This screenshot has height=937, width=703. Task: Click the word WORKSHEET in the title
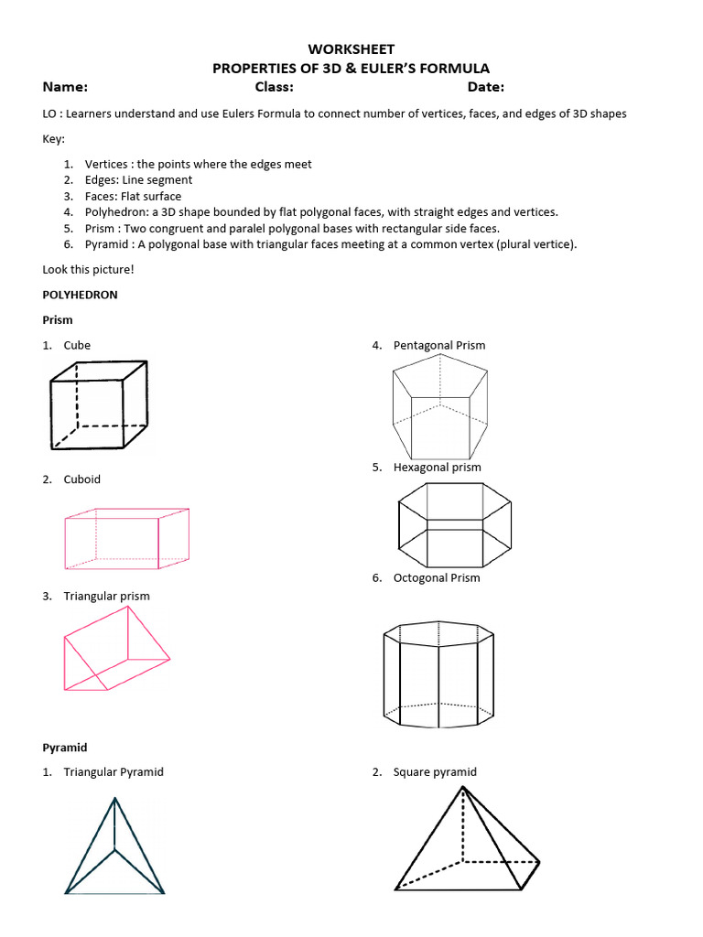(x=351, y=48)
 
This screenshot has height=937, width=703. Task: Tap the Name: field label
(x=65, y=87)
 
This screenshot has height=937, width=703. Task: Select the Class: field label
(x=274, y=87)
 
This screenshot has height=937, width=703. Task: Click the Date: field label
(x=485, y=87)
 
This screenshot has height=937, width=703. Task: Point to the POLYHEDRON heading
(x=81, y=296)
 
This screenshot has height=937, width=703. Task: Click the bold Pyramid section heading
(x=65, y=748)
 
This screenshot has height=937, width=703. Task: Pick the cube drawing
(x=98, y=404)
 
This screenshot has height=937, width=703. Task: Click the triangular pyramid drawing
(x=114, y=849)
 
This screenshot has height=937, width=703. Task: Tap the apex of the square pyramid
(x=463, y=786)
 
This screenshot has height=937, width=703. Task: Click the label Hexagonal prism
(x=437, y=468)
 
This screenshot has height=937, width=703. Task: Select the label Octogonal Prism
(x=437, y=578)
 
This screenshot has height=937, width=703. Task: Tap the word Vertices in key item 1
(x=107, y=164)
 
